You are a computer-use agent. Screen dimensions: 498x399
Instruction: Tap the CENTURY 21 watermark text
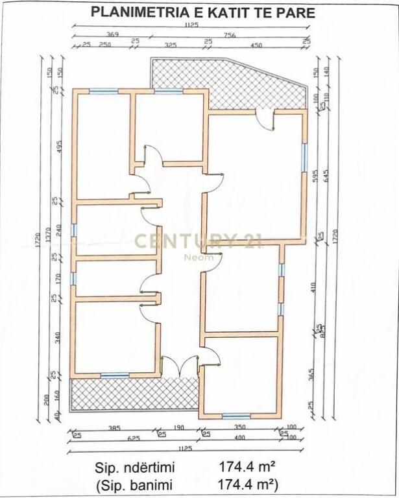point(199,242)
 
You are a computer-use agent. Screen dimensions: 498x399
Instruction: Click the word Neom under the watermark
point(198,257)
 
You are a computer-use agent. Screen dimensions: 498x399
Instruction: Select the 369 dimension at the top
point(112,34)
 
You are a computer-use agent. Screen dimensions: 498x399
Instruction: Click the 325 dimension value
point(171,45)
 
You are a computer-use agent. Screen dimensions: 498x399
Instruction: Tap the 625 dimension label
point(134,439)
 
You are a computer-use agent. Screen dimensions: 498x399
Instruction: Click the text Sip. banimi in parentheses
point(136,484)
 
